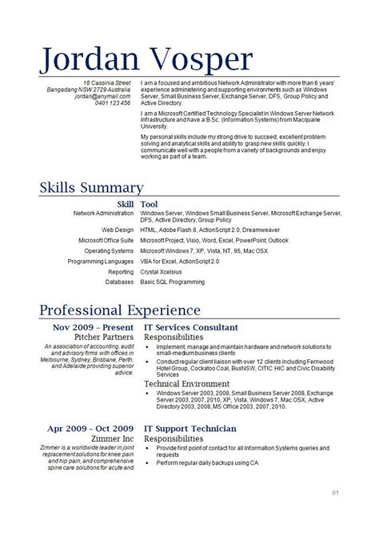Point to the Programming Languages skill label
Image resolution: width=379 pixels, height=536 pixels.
coord(101,260)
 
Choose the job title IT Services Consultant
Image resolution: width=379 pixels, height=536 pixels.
coord(189,328)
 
